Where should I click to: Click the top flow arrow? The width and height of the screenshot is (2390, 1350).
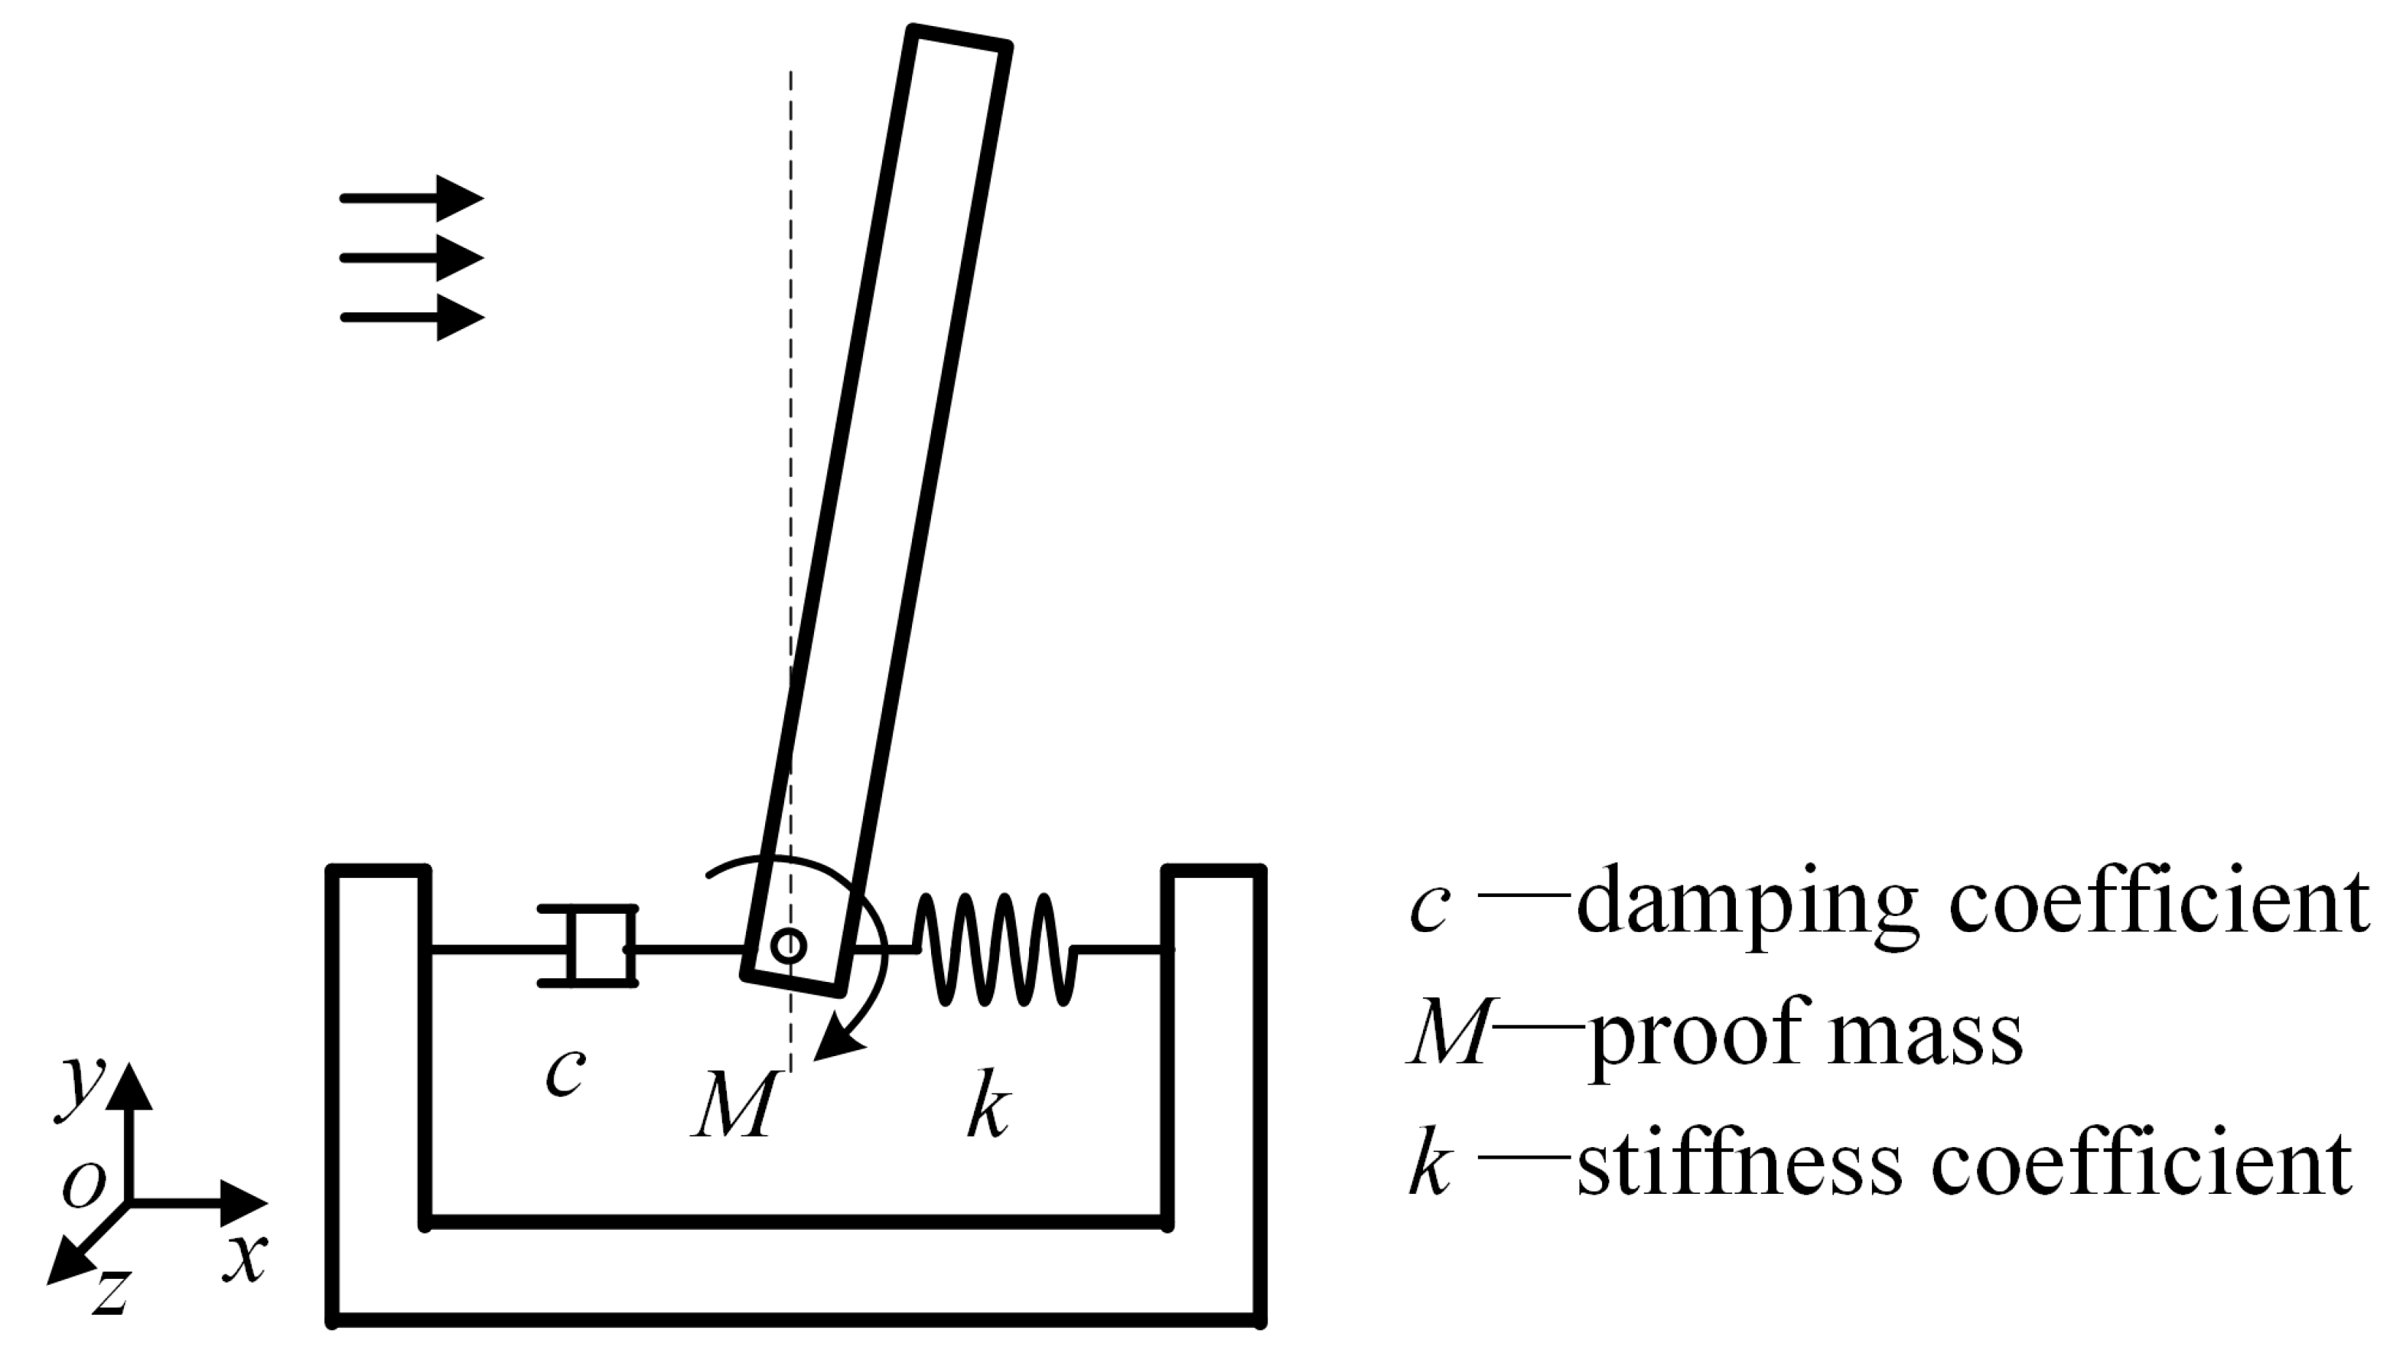(413, 197)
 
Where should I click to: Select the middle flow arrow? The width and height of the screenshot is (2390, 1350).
(413, 258)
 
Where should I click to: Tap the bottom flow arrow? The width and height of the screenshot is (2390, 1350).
(413, 318)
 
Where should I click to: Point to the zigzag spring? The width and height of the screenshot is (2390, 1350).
(995, 948)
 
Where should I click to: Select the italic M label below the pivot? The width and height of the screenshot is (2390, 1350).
(734, 1106)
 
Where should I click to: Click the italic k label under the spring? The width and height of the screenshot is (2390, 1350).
(988, 1104)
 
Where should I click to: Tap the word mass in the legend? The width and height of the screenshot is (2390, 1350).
(1925, 1035)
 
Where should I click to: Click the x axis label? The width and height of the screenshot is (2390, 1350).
(245, 1257)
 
